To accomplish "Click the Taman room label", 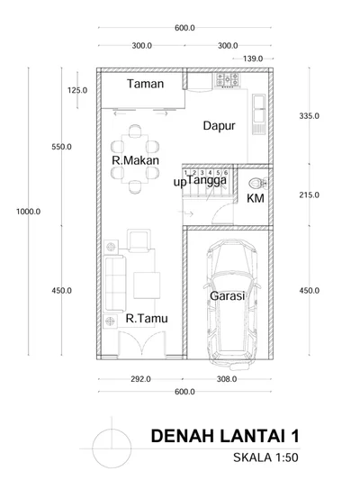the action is [145, 84].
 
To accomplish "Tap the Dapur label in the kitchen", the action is [219, 126].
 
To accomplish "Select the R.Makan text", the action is [136, 160].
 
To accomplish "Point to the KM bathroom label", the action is [256, 198].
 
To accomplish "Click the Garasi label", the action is [228, 295].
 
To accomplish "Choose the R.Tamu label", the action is [147, 319].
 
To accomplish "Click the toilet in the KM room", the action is [257, 184].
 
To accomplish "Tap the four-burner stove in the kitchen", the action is [228, 79].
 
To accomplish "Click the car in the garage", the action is [231, 304].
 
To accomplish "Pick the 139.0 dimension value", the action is [253, 59].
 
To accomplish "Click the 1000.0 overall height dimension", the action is [29, 212].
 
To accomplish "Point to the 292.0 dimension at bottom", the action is [140, 379].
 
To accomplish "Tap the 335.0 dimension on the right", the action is [310, 116].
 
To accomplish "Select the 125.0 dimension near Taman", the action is [77, 90].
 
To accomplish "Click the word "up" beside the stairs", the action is [180, 183].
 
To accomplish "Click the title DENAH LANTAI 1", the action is [225, 436].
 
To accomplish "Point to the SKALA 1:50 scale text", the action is [265, 457].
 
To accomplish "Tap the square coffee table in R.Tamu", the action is [147, 285].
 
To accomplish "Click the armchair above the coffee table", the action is [139, 240].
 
